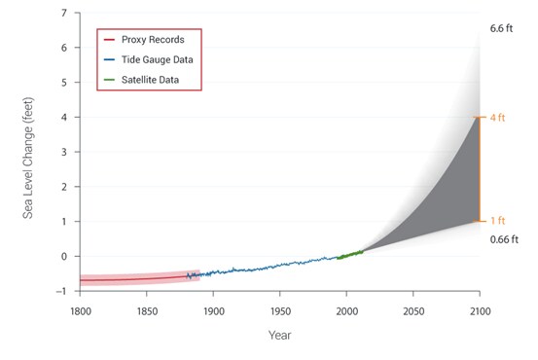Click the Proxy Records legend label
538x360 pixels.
pos(153,40)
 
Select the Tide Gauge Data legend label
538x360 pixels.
pos(158,59)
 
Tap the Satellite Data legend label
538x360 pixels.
pos(150,80)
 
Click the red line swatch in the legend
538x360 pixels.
pos(109,40)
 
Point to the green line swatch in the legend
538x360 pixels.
pos(109,80)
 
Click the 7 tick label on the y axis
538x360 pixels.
pos(64,13)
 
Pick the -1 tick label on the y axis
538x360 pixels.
pos(61,291)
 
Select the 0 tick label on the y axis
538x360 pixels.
pos(64,256)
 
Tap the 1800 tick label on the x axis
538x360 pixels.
pos(81,311)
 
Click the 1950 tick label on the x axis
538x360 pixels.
pos(280,311)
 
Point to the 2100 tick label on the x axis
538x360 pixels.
pos(480,311)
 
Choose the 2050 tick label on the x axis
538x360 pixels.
pos(413,311)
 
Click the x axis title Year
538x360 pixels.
pos(279,335)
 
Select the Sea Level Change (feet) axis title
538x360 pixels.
pos(28,159)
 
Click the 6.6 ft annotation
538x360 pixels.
pos(501,28)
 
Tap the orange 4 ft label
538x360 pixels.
pos(497,118)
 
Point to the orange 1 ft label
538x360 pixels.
pos(497,220)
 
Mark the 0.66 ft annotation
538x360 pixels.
pos(504,239)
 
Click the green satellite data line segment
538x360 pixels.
pos(350,255)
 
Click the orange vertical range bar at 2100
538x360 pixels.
pos(480,169)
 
